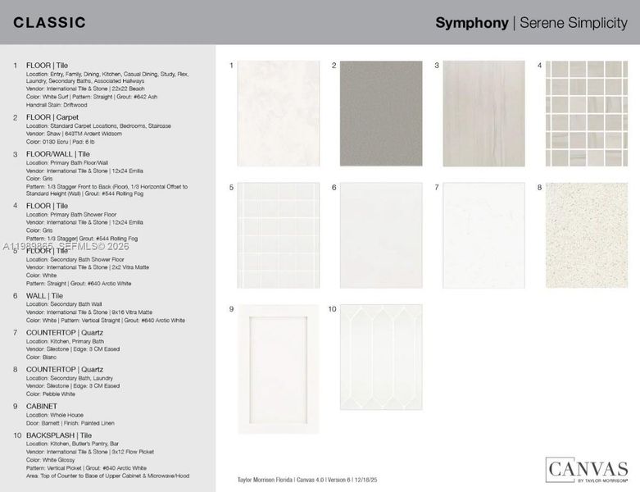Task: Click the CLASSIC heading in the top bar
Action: pyautogui.click(x=50, y=22)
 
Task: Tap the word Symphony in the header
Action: pyautogui.click(x=471, y=23)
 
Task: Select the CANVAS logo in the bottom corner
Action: pyautogui.click(x=587, y=470)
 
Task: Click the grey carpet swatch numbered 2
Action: pyautogui.click(x=381, y=113)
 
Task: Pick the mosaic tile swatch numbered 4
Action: pyautogui.click(x=587, y=113)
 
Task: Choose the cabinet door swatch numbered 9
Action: pyautogui.click(x=279, y=368)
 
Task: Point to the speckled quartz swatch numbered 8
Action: pyautogui.click(x=587, y=235)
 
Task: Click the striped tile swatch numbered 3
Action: pyautogui.click(x=483, y=113)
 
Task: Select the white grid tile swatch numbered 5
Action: pyautogui.click(x=279, y=235)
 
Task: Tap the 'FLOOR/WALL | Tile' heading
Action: pyautogui.click(x=58, y=154)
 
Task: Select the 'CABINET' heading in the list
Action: pyautogui.click(x=42, y=406)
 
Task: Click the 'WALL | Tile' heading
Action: pyautogui.click(x=45, y=295)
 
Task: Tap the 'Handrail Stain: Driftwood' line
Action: pyautogui.click(x=57, y=103)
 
